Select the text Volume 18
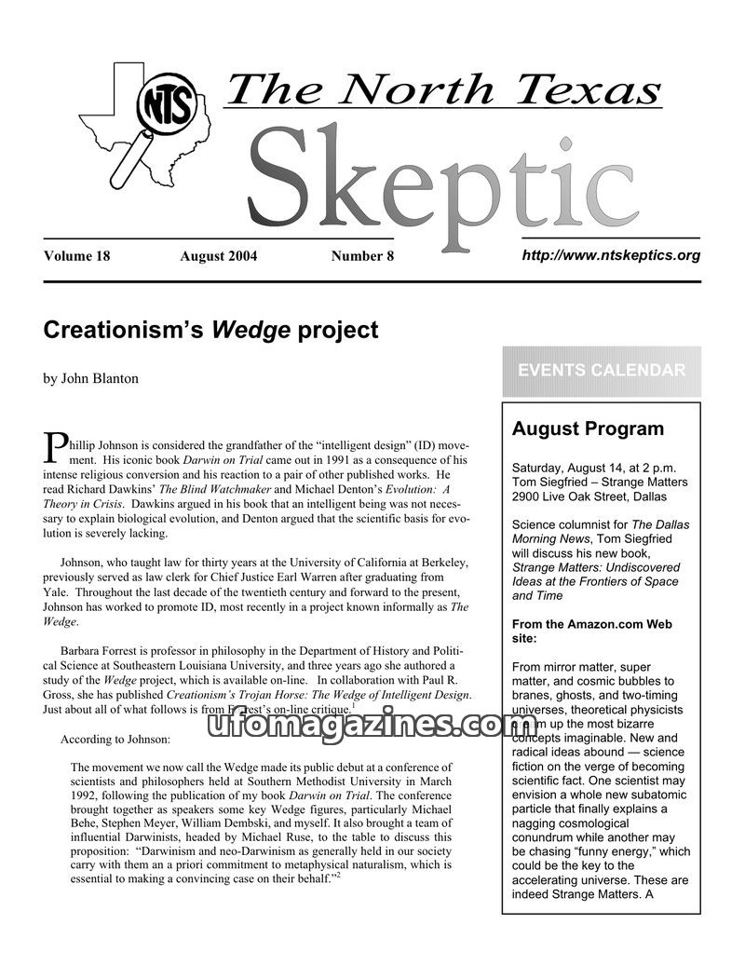click(x=76, y=256)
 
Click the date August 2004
click(x=218, y=256)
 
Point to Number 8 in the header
click(x=362, y=256)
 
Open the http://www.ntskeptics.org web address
click(x=611, y=255)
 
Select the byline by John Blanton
click(x=90, y=378)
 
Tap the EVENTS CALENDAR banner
click(x=601, y=371)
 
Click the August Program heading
click(x=588, y=429)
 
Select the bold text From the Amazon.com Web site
click(x=592, y=632)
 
